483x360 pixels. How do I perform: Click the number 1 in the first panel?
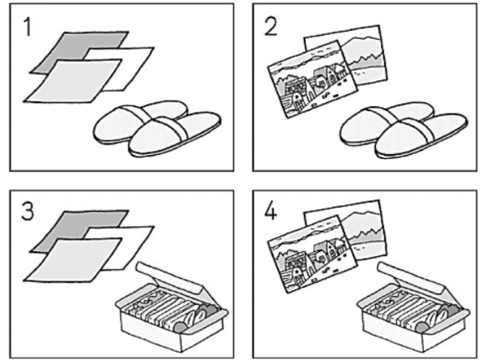[28, 27]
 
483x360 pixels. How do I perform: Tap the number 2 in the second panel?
[271, 27]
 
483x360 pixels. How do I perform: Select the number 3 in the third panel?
[28, 212]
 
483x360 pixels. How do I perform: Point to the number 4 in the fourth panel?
[271, 212]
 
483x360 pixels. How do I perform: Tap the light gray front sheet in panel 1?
[72, 81]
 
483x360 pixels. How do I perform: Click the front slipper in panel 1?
[174, 134]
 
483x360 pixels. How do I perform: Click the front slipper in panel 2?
[421, 135]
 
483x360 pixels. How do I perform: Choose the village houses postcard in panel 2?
[312, 79]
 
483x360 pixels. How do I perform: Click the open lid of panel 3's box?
[169, 276]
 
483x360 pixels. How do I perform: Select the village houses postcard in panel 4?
[312, 255]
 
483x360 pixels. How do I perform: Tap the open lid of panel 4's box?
[411, 276]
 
